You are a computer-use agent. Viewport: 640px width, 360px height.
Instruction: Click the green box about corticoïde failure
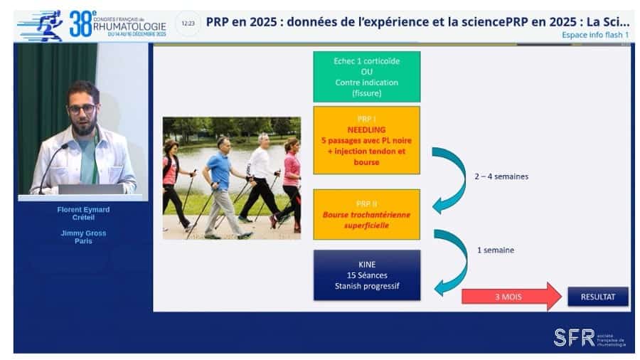[x=366, y=76]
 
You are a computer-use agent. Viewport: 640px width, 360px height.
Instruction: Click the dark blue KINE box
[x=366, y=275]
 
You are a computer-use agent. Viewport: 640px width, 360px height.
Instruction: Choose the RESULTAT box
[x=597, y=296]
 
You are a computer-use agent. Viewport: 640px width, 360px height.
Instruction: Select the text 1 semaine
[x=496, y=250]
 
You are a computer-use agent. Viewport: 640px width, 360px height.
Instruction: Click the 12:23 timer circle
[x=188, y=23]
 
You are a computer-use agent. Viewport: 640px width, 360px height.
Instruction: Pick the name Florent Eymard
[x=84, y=210]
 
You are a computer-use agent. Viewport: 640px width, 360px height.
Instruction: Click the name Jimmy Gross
[x=84, y=232]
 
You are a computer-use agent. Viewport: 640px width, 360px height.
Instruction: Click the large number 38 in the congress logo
[x=81, y=25]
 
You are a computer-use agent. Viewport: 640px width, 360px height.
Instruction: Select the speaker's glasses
[x=82, y=109]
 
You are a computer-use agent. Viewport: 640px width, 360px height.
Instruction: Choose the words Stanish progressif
[x=366, y=286]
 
